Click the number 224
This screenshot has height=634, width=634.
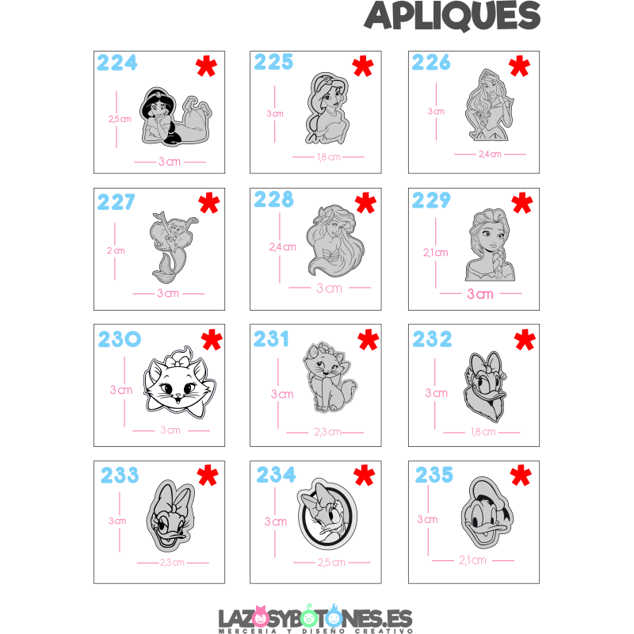(x=117, y=63)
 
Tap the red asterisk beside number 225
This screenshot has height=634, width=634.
(x=363, y=67)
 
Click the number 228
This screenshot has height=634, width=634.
(x=273, y=199)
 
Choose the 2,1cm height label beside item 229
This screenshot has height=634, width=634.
(x=435, y=253)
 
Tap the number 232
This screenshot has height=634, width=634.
(x=432, y=339)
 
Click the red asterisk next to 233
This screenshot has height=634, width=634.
(x=208, y=475)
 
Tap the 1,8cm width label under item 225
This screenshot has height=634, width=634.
(x=328, y=157)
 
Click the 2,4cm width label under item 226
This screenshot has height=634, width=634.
(x=490, y=155)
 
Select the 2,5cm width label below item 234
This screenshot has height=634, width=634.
(x=330, y=563)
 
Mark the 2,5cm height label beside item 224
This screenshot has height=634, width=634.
(x=120, y=119)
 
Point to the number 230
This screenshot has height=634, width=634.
(x=120, y=340)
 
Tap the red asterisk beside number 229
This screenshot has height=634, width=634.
(x=522, y=204)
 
